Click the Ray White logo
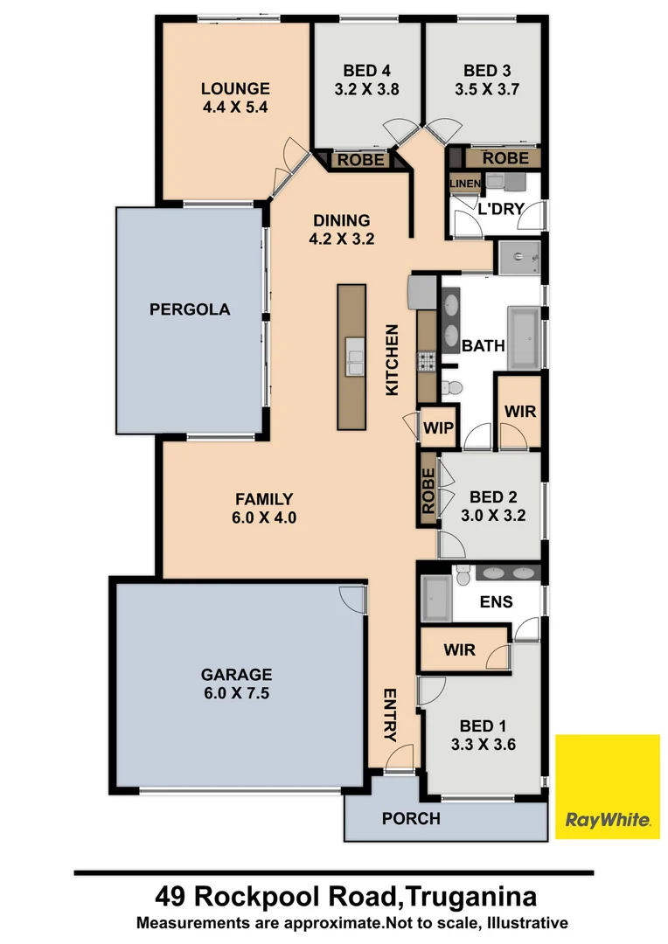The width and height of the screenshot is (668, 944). (x=608, y=787)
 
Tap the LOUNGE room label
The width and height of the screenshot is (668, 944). (x=235, y=88)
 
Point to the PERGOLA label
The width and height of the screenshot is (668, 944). (x=190, y=309)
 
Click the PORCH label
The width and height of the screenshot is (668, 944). (x=411, y=819)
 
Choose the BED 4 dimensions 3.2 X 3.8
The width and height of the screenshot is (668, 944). (x=366, y=88)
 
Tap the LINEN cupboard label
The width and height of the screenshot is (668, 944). (x=464, y=183)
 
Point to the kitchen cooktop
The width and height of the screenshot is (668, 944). (x=427, y=360)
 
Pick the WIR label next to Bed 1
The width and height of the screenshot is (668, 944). (x=459, y=649)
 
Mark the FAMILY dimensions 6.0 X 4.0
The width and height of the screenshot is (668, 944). (x=263, y=517)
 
